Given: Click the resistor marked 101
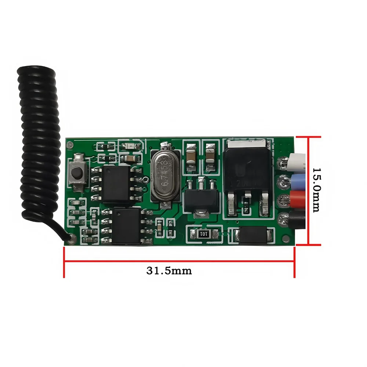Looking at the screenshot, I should [204, 234].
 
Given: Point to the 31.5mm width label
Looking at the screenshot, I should [169, 271].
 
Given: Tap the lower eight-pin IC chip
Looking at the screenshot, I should [126, 226].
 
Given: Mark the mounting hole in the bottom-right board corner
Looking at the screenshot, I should [286, 239].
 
